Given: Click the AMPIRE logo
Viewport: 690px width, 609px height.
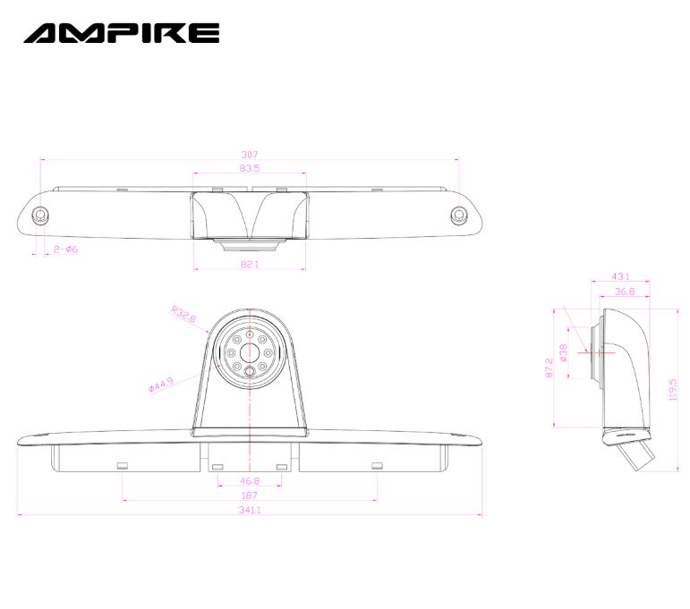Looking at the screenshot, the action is click(x=122, y=33).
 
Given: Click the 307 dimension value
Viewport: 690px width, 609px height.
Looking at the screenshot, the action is click(x=250, y=155).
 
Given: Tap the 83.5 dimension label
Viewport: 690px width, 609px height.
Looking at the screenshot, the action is click(x=250, y=167).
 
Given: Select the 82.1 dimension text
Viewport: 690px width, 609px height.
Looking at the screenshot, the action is click(x=250, y=264).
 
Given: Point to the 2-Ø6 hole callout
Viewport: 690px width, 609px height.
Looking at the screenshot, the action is click(x=65, y=250).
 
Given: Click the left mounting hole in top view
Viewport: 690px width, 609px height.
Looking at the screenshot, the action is click(x=40, y=215).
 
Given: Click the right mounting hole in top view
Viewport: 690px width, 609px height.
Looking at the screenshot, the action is click(x=458, y=215).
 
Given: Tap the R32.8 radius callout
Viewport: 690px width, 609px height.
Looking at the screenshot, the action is click(x=183, y=314).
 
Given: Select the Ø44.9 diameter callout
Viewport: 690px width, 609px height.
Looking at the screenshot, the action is click(x=161, y=385).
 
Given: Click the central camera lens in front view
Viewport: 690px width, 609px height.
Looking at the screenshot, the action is click(x=250, y=352).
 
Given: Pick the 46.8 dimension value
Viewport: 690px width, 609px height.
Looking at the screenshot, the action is click(x=250, y=480).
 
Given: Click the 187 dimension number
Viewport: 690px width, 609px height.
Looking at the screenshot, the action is click(x=250, y=495).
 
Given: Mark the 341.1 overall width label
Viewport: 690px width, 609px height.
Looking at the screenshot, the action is click(x=250, y=510).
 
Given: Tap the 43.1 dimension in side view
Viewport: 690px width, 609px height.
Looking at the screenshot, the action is click(x=620, y=276).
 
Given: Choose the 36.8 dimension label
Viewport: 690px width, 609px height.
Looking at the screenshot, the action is click(x=625, y=292).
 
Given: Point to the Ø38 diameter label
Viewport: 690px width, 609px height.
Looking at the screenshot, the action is click(x=563, y=352).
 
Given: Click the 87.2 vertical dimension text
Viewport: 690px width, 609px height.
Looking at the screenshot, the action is click(x=549, y=368).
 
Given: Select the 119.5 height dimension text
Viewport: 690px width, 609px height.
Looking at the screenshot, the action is click(x=673, y=390).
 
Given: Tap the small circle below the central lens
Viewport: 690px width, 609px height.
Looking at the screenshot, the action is click(x=250, y=371).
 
